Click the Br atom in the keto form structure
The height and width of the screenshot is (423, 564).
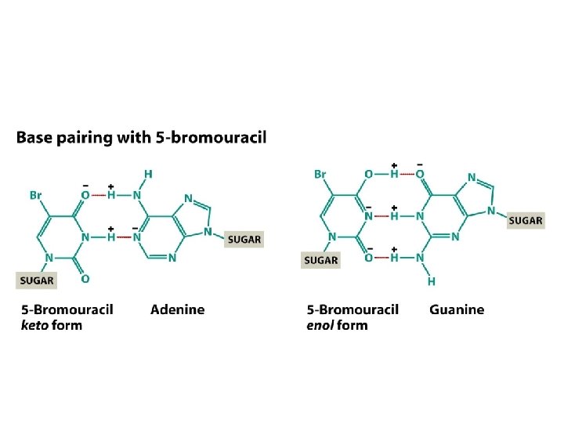pyautogui.click(x=36, y=195)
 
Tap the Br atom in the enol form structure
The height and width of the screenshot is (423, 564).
pyautogui.click(x=320, y=174)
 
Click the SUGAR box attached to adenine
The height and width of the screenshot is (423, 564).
pyautogui.click(x=244, y=239)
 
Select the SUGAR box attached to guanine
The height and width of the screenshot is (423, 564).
pyautogui.click(x=525, y=220)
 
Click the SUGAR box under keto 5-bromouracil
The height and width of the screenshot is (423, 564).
pyautogui.click(x=37, y=280)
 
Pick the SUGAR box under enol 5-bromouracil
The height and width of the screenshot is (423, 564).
pyautogui.click(x=320, y=259)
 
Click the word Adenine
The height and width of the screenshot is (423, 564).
pyautogui.click(x=177, y=309)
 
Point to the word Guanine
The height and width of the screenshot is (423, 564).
pyautogui.click(x=457, y=309)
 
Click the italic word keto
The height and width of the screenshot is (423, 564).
pyautogui.click(x=35, y=325)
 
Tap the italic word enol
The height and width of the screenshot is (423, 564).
pyautogui.click(x=321, y=325)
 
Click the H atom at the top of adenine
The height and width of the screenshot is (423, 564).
pyautogui.click(x=149, y=173)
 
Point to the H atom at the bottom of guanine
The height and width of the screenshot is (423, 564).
pyautogui.click(x=432, y=280)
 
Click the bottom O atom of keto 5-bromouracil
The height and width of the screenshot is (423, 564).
pyautogui.click(x=85, y=278)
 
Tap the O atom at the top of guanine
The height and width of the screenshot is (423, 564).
pyautogui.click(x=420, y=174)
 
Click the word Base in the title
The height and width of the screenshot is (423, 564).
pyautogui.click(x=32, y=138)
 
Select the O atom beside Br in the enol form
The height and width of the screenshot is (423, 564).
pyautogui.click(x=367, y=174)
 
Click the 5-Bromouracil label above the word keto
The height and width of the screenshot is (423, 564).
pyautogui.click(x=67, y=309)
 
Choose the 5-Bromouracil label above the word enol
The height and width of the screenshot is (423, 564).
pyautogui.click(x=352, y=309)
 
